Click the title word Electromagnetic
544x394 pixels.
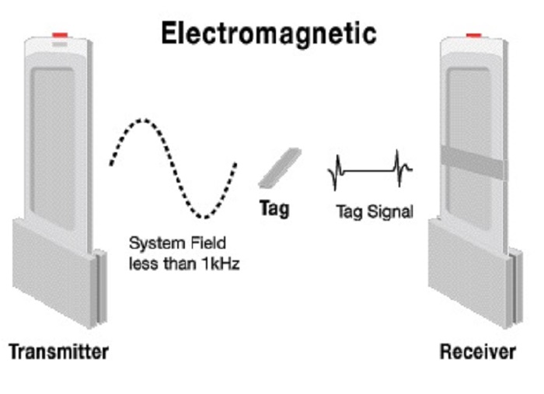[x=268, y=33]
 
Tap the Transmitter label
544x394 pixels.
[x=58, y=351]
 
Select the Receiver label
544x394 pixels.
[x=477, y=351]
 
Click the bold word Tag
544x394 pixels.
[x=273, y=208]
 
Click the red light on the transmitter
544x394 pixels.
[x=59, y=36]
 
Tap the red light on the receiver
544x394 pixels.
[x=473, y=35]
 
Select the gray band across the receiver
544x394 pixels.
[x=473, y=162]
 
